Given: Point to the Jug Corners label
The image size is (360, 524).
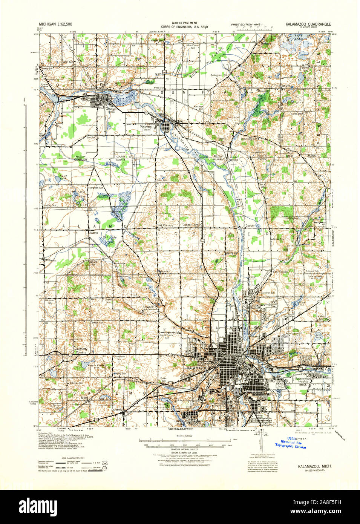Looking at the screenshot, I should [165, 225].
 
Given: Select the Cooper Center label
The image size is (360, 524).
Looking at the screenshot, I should [191, 225].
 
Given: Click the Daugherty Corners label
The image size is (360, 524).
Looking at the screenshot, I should [80, 351].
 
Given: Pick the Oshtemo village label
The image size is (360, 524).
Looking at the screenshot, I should [116, 409].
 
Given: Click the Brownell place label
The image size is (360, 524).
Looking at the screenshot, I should [148, 307].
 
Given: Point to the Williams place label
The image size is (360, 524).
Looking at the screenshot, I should [50, 260].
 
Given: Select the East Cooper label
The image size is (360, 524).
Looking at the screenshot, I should [281, 271].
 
